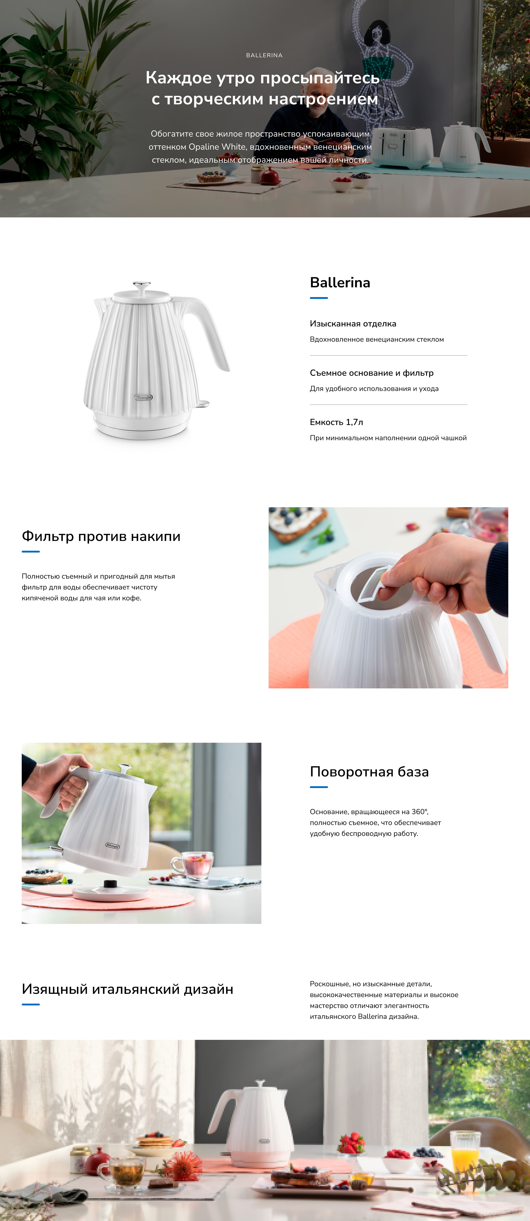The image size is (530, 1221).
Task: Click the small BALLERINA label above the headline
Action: click(x=264, y=55)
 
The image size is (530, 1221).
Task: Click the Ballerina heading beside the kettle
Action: click(x=340, y=282)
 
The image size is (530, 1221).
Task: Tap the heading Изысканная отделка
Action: click(x=353, y=324)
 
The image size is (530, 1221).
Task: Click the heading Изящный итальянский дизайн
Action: click(x=127, y=989)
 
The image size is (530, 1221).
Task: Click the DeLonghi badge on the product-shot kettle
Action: click(x=143, y=397)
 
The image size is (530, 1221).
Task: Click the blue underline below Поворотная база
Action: click(x=319, y=787)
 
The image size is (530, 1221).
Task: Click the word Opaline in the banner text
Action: click(x=204, y=147)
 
